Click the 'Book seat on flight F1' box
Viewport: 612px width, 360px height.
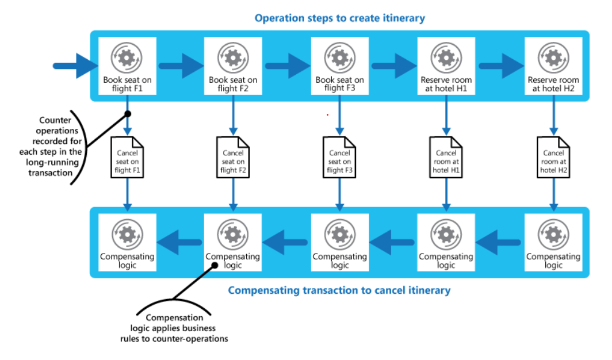[127, 66]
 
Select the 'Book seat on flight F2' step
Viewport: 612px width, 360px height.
[233, 66]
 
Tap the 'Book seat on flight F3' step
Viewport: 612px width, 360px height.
[339, 66]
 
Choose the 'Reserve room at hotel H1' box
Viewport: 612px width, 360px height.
[446, 66]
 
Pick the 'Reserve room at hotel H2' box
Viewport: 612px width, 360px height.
[553, 66]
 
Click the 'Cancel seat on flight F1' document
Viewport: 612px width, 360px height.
[127, 158]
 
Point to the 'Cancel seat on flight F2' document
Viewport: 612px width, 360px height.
[233, 158]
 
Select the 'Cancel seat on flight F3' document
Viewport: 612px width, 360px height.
[339, 158]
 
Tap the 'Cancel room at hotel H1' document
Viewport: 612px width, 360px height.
[446, 158]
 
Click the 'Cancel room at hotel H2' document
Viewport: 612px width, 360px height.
[553, 158]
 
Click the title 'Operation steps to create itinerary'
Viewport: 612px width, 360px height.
[339, 18]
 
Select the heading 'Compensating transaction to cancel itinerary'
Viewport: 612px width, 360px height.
[339, 290]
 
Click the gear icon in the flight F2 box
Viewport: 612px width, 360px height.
[233, 58]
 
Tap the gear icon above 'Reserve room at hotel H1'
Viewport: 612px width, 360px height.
[446, 58]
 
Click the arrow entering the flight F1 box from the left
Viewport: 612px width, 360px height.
[76, 66]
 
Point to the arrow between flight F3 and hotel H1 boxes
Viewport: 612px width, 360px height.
[394, 66]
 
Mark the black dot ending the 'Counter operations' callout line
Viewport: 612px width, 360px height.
[128, 114]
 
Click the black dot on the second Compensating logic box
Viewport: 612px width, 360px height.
[215, 265]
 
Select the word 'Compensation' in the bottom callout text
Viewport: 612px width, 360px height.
[174, 318]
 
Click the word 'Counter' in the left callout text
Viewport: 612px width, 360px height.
[55, 120]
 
